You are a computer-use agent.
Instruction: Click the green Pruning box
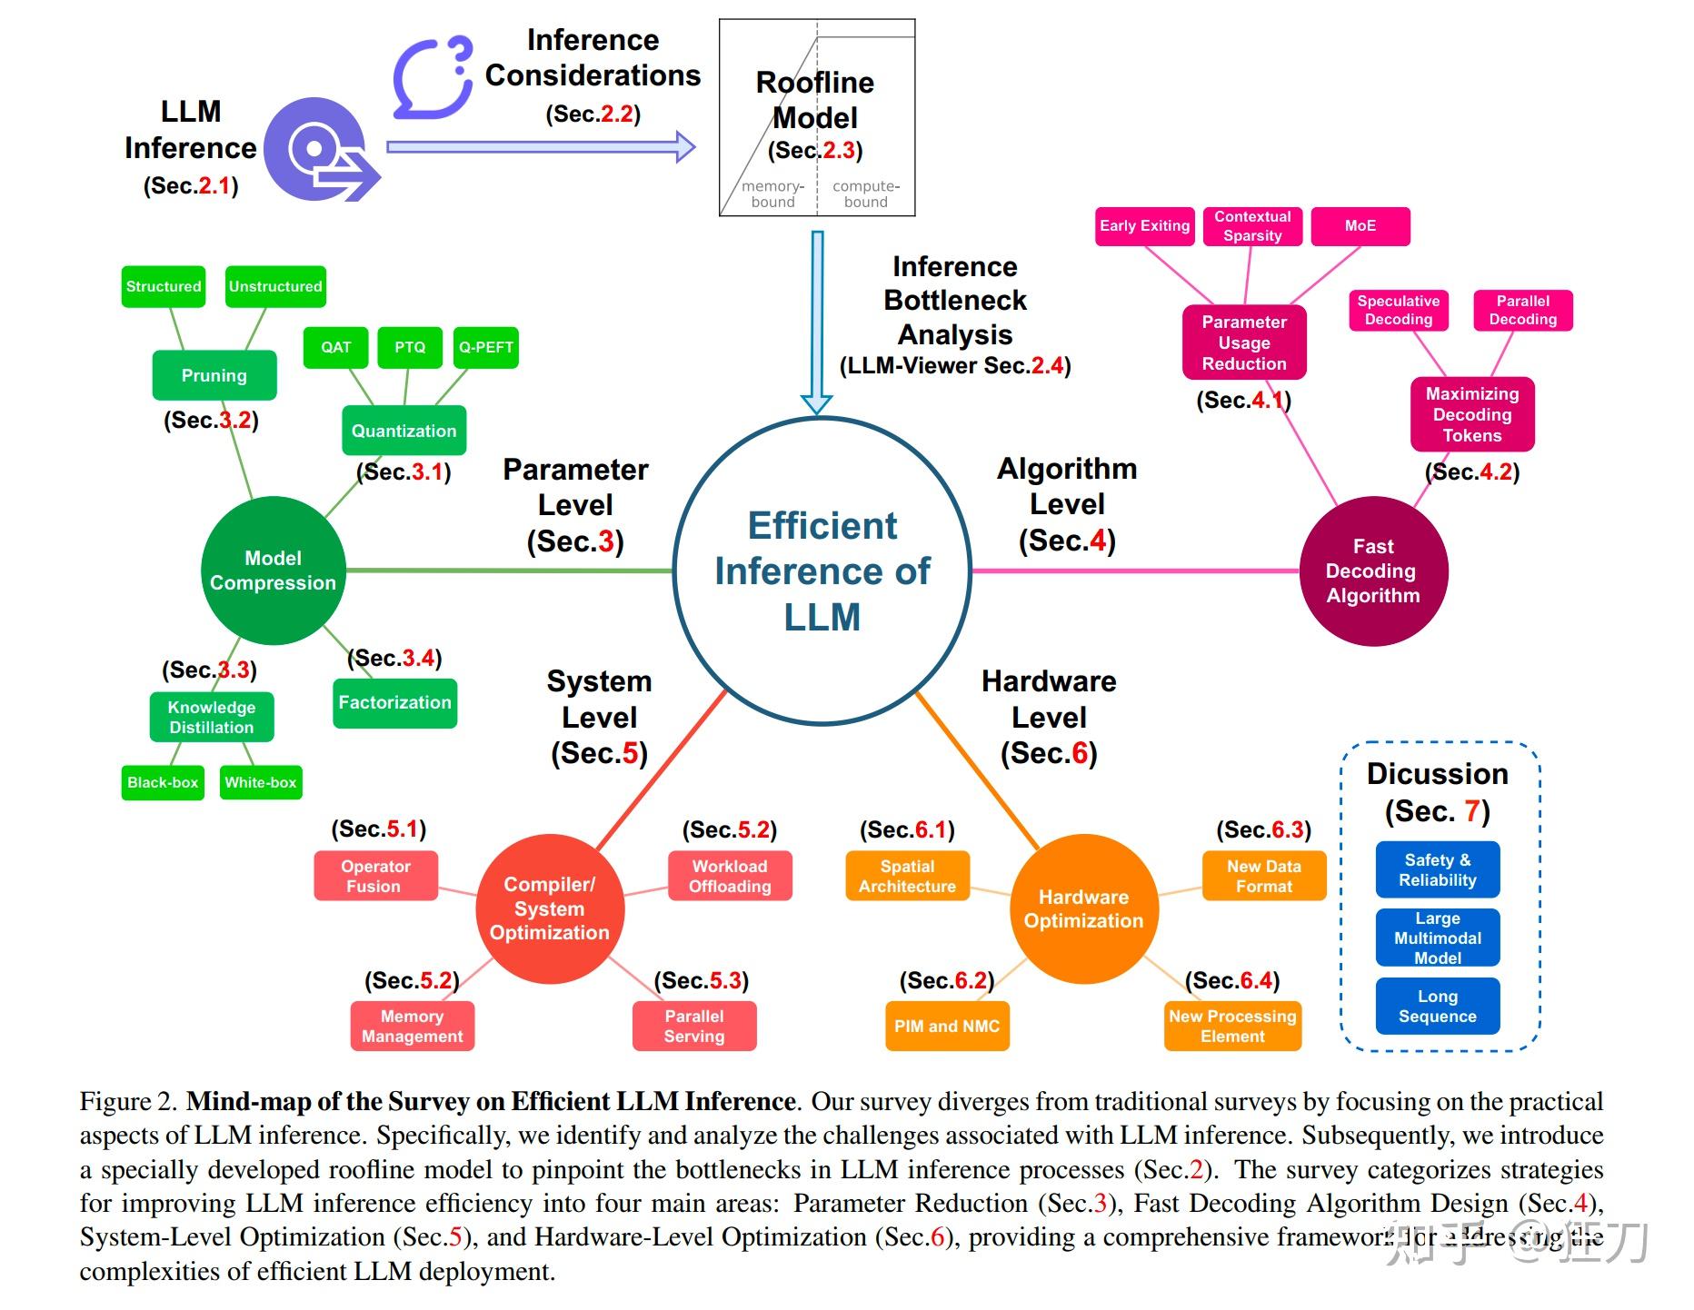click(214, 375)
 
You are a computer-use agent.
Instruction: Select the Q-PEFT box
click(485, 347)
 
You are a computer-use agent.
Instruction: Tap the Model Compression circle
click(273, 571)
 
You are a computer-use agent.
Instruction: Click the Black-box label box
click(163, 782)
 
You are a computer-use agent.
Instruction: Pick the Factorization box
click(394, 702)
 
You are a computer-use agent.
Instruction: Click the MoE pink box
click(1360, 226)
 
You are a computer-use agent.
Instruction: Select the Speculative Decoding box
click(1398, 311)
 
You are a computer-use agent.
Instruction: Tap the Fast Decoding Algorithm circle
click(1372, 571)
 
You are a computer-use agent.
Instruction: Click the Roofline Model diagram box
click(816, 118)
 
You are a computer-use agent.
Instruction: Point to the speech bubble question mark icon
click(433, 78)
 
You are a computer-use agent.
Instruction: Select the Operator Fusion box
click(375, 876)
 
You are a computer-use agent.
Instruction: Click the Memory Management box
click(412, 1027)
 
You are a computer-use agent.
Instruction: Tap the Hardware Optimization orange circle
click(1083, 908)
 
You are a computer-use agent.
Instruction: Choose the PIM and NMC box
click(946, 1027)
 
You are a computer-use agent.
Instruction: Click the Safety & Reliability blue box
click(1437, 869)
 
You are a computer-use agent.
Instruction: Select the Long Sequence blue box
click(1437, 1007)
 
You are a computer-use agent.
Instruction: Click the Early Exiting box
click(1144, 226)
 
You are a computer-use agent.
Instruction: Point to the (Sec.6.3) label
click(1263, 829)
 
